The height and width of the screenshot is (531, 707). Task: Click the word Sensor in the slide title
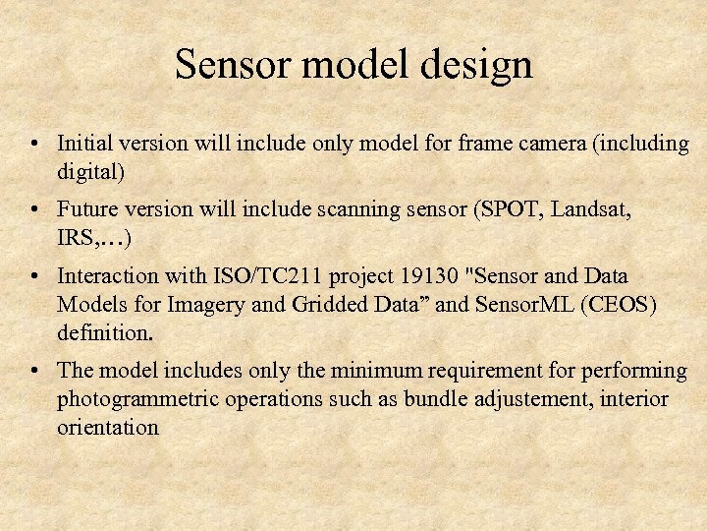(x=234, y=66)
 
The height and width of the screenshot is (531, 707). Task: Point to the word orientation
(x=108, y=428)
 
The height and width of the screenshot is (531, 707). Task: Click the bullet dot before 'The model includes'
(x=34, y=372)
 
